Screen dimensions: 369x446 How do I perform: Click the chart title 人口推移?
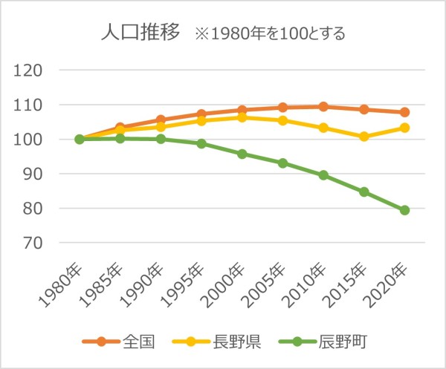point(140,33)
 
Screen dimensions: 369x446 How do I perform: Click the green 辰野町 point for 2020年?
point(404,210)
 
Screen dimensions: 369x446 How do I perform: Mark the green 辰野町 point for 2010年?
point(323,175)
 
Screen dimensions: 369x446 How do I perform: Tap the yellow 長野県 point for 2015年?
point(364,137)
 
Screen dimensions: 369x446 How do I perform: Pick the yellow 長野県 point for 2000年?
point(242,117)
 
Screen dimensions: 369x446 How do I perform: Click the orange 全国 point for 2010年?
point(323,107)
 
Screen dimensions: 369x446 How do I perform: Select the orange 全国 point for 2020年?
point(404,112)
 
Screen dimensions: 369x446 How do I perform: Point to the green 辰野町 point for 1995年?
point(201,143)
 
